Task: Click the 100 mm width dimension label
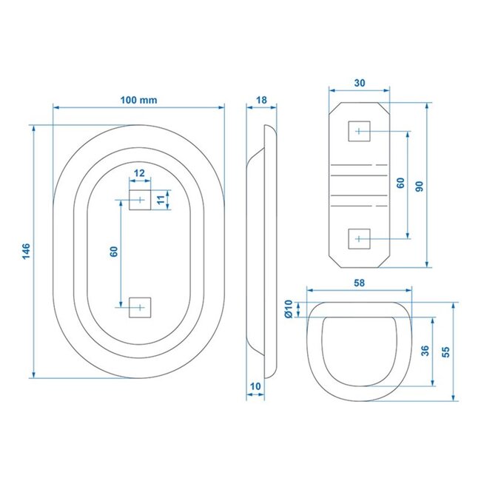pos(138,99)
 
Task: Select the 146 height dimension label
pos(26,252)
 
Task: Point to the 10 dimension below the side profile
pos(255,386)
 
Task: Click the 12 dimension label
pos(139,172)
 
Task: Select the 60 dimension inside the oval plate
pos(113,252)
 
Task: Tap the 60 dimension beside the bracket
pos(400,184)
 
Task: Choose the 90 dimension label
pos(419,186)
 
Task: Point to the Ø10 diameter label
pos(289,309)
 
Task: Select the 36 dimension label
pos(424,351)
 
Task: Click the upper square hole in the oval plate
pos(139,200)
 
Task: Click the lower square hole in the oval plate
pos(139,306)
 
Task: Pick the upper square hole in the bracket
pos(359,131)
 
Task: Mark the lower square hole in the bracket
pos(359,238)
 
